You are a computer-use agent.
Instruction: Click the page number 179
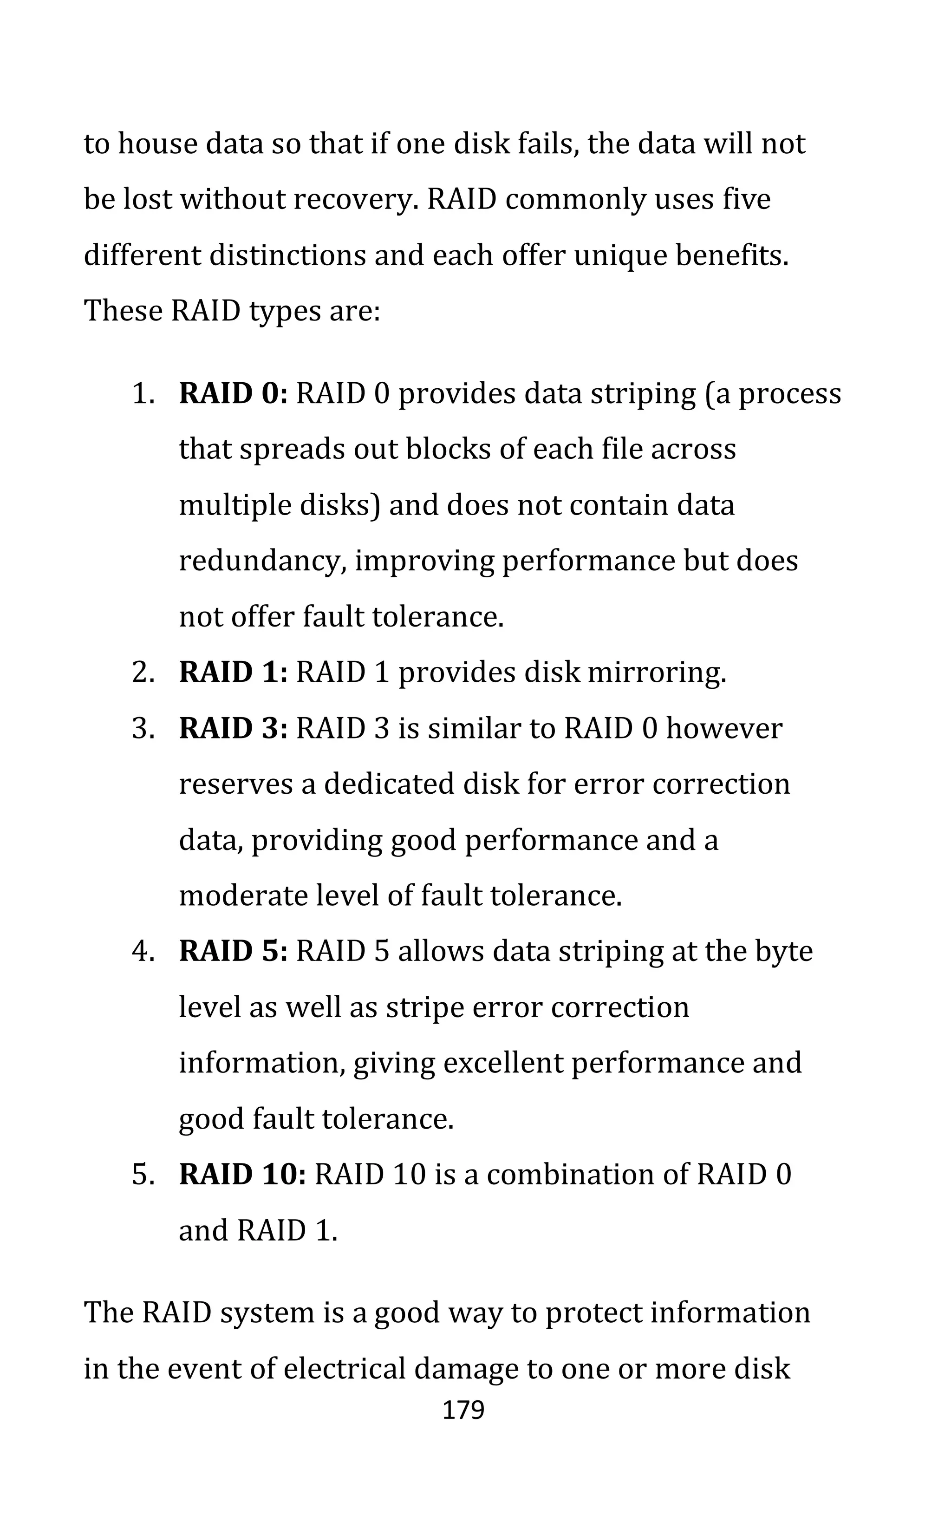[x=463, y=1411]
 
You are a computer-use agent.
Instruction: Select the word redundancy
[x=262, y=562]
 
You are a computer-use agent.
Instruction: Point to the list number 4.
[x=141, y=952]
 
